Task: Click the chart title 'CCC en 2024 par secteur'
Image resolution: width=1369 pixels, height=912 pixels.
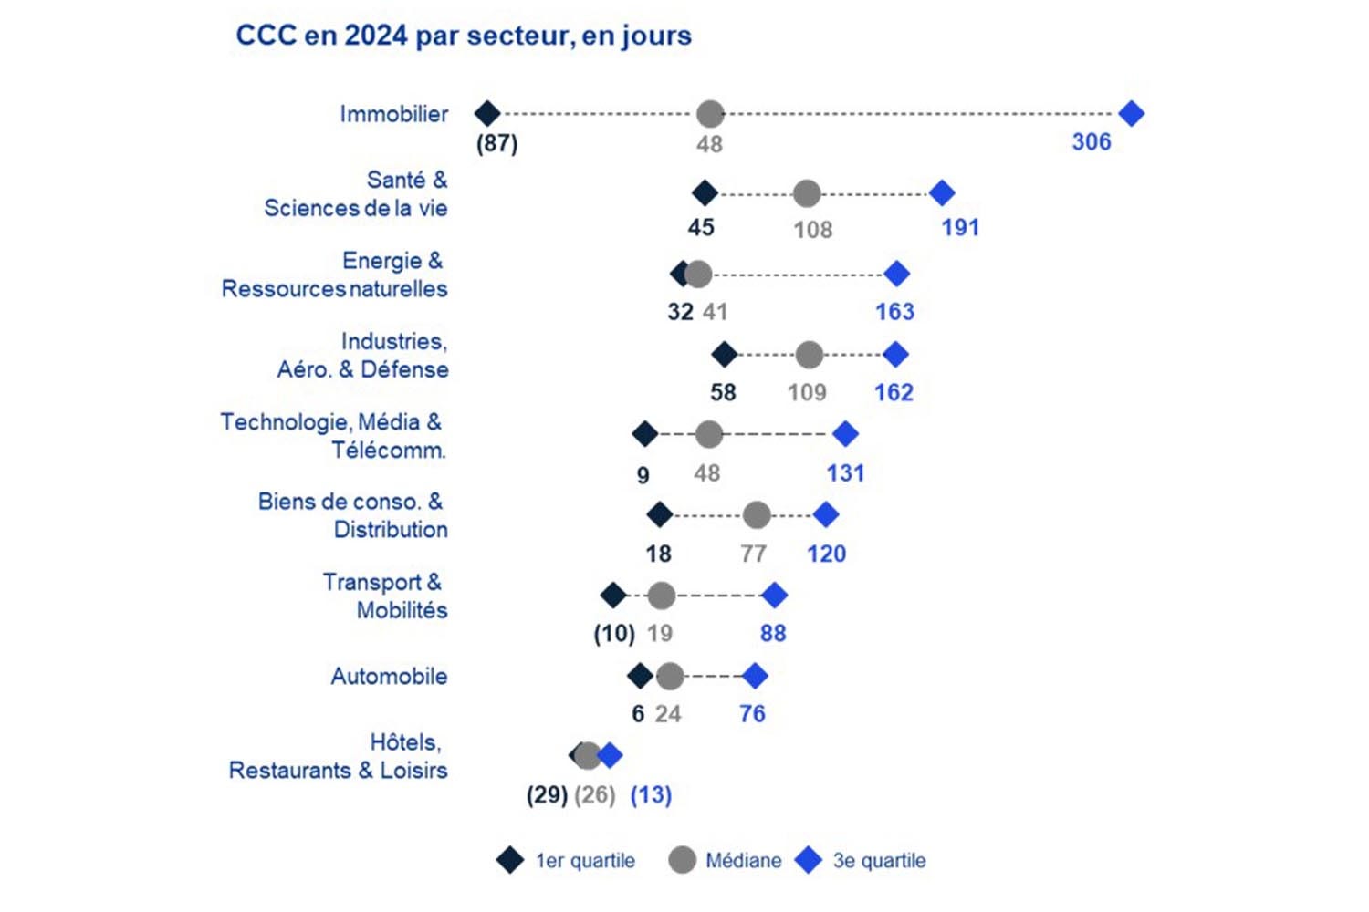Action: (x=464, y=36)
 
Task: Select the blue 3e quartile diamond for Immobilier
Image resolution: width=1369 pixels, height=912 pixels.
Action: (x=1132, y=114)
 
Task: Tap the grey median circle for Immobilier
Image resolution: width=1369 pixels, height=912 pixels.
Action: (x=710, y=114)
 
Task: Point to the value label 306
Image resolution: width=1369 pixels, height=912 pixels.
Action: (x=1092, y=142)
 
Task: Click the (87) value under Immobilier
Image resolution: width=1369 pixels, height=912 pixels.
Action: (x=497, y=144)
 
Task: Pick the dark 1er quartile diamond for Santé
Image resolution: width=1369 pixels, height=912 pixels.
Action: (x=705, y=193)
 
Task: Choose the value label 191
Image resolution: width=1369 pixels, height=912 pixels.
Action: (x=960, y=228)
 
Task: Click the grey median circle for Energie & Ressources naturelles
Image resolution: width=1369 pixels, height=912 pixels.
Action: (x=698, y=274)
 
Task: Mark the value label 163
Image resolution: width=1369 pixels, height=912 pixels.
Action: (x=894, y=312)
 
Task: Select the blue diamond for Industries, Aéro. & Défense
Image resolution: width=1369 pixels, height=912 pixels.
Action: (x=896, y=354)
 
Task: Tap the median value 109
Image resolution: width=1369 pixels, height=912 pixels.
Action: (x=807, y=393)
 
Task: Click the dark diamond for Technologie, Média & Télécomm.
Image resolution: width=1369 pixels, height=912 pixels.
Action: (x=645, y=434)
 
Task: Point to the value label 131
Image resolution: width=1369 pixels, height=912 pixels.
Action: (x=845, y=473)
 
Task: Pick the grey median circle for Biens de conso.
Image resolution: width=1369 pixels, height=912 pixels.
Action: (x=757, y=515)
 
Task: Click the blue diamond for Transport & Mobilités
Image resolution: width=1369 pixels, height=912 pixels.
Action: (x=775, y=596)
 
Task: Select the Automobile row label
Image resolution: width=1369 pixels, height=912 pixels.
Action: (x=389, y=677)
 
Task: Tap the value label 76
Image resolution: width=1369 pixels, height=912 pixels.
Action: (x=752, y=714)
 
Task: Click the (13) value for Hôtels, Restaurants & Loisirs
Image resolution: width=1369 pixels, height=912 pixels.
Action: (x=651, y=795)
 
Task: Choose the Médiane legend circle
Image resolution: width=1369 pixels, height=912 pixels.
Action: (x=682, y=860)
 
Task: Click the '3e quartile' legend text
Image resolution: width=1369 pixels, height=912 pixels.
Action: (x=879, y=861)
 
